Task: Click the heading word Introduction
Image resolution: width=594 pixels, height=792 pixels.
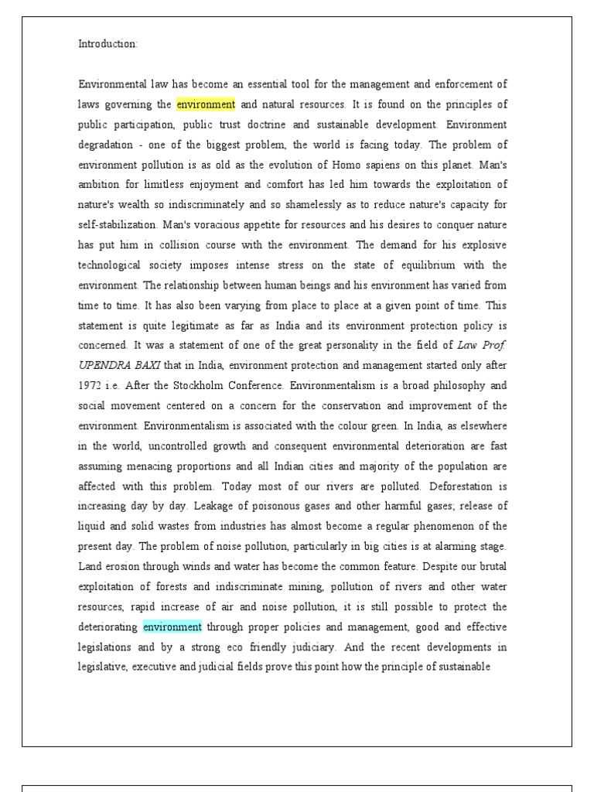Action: [x=108, y=44]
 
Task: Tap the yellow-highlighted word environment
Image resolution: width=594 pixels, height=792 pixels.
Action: [x=206, y=104]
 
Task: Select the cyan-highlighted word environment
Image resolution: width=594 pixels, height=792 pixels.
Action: [x=172, y=626]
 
